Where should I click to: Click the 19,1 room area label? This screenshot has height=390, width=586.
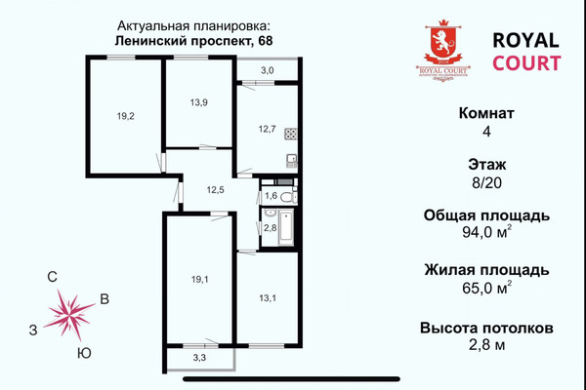pyautogui.click(x=199, y=279)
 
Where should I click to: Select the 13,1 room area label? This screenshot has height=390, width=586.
pyautogui.click(x=268, y=298)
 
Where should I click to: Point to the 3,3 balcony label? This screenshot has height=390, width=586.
pyautogui.click(x=198, y=359)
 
